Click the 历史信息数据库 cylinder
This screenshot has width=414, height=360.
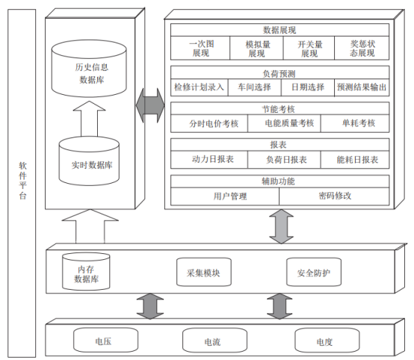click(x=89, y=69)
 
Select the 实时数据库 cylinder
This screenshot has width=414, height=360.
click(x=89, y=161)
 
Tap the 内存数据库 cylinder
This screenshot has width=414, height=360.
click(x=86, y=271)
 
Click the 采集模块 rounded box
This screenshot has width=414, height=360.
click(x=204, y=272)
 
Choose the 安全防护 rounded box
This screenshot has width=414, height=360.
click(x=314, y=272)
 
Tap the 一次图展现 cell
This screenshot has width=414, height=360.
click(x=200, y=48)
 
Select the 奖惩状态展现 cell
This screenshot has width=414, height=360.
click(x=362, y=48)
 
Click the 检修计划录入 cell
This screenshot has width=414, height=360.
click(x=200, y=87)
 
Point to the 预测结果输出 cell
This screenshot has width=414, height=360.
click(x=362, y=87)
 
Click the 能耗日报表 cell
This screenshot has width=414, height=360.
click(x=355, y=159)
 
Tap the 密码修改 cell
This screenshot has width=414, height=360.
click(x=334, y=196)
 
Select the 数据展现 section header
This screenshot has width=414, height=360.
click(x=280, y=30)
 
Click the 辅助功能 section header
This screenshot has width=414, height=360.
click(x=280, y=181)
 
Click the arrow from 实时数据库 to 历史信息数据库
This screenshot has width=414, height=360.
click(x=89, y=119)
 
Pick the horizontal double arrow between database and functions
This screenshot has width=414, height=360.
click(x=150, y=105)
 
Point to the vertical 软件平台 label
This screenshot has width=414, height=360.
click(x=22, y=181)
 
